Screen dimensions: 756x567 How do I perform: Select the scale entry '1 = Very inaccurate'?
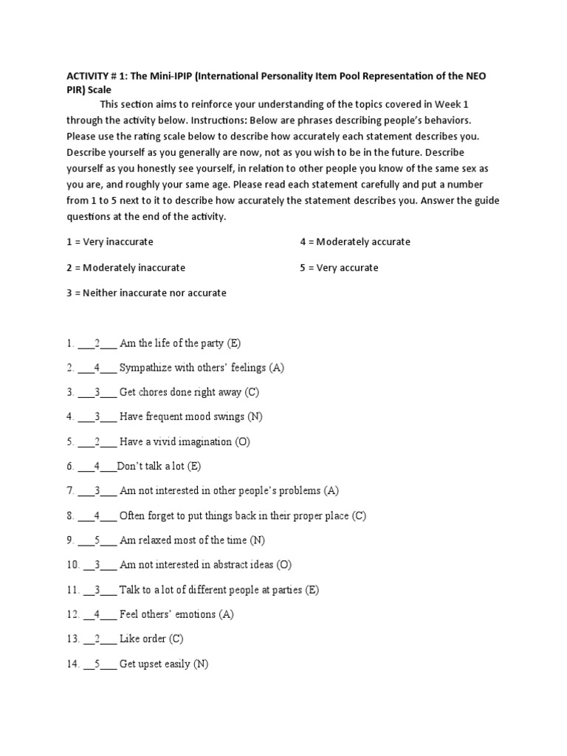(x=110, y=242)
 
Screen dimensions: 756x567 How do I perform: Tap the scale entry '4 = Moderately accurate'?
(x=355, y=242)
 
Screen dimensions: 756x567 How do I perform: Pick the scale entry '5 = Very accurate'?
(x=339, y=267)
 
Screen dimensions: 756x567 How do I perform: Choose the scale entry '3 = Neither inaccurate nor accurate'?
(x=146, y=293)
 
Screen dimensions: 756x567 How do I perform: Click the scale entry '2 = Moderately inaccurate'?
(x=126, y=267)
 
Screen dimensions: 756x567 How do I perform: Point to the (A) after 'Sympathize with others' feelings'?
(x=277, y=368)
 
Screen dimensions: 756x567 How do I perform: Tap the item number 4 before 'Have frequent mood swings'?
(x=69, y=417)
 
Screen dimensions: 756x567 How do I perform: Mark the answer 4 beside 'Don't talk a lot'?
(x=97, y=467)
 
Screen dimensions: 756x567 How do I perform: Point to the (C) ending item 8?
(x=359, y=516)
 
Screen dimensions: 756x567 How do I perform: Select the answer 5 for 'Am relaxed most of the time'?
(x=97, y=540)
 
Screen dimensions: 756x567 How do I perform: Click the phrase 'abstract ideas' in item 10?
(x=238, y=566)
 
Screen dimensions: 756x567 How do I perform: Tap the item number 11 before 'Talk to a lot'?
(x=72, y=591)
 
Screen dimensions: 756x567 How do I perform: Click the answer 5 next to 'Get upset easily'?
(x=97, y=664)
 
